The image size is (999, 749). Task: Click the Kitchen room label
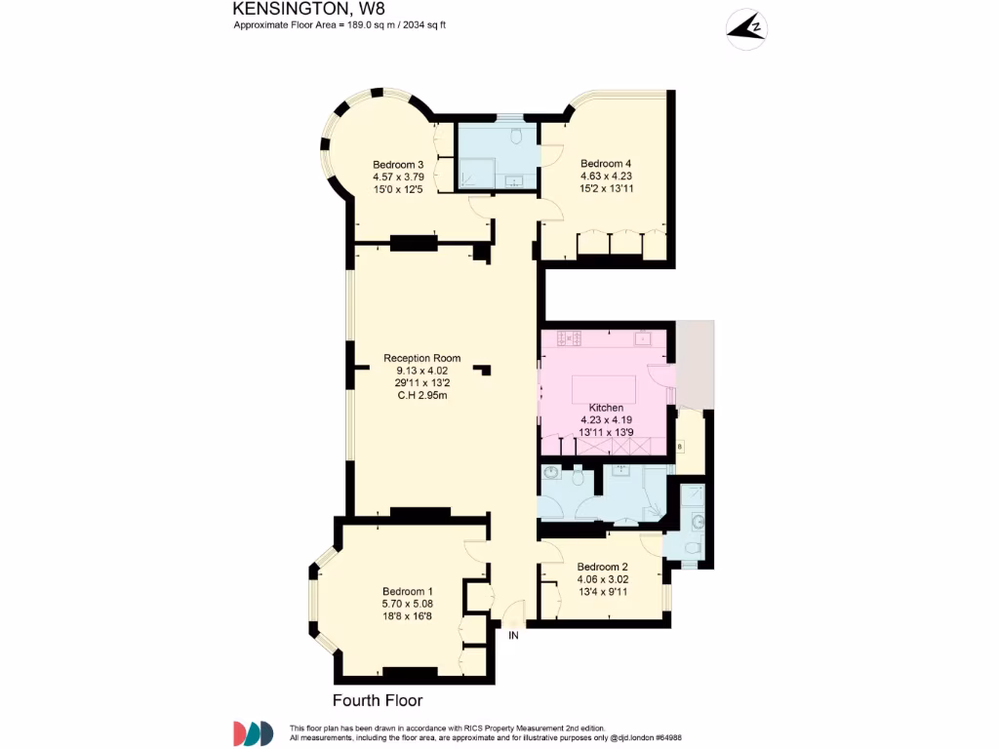point(605,408)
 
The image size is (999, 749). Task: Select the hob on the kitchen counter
point(569,338)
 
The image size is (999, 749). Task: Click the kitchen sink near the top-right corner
point(644,338)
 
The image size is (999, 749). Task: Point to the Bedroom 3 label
point(397,165)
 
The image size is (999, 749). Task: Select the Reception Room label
point(421,358)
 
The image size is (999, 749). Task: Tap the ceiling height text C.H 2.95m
point(421,395)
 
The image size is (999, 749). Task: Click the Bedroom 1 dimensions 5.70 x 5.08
point(407,604)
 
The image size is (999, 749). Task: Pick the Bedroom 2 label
point(602,567)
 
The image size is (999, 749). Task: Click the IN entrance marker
point(513,635)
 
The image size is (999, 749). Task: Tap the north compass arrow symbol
point(745,29)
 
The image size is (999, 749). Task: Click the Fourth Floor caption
point(378,700)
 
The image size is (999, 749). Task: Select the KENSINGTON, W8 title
point(288,9)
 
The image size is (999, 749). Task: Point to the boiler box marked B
point(680,448)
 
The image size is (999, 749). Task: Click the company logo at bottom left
point(253,733)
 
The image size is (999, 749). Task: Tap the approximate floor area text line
point(340,25)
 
